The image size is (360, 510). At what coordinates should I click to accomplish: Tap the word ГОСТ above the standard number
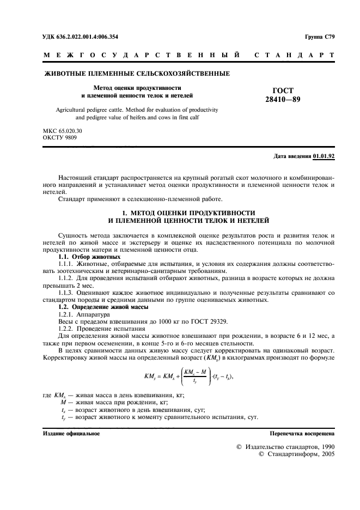[x=283, y=90]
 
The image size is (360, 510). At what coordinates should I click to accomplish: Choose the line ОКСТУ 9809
[x=59, y=138]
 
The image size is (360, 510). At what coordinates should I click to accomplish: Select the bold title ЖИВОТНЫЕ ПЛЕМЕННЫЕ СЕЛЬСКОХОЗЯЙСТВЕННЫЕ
[x=136, y=73]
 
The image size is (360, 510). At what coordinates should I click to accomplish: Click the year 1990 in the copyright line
[x=323, y=447]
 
